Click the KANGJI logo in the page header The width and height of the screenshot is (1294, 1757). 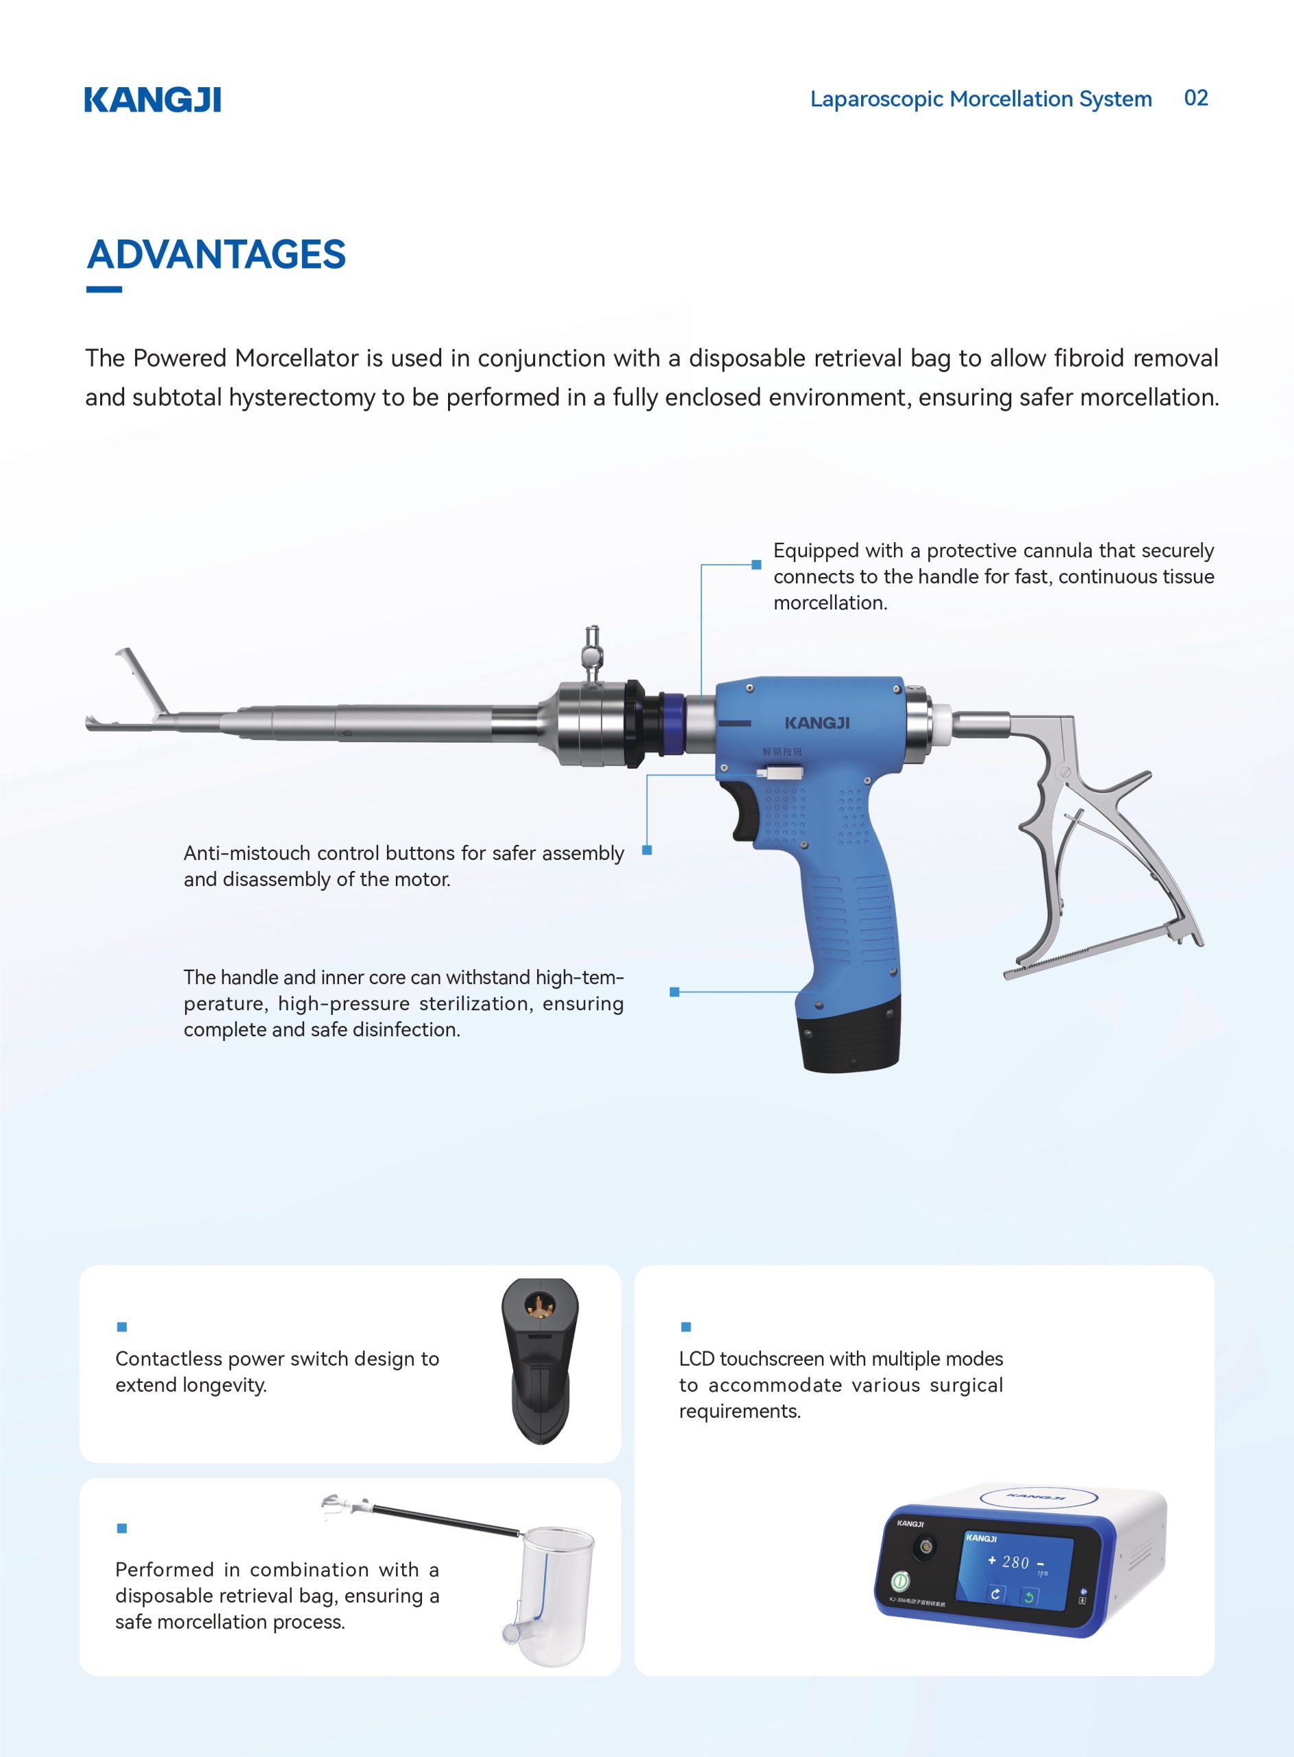[153, 100]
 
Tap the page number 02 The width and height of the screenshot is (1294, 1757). [1195, 99]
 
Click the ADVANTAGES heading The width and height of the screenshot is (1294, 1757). [216, 255]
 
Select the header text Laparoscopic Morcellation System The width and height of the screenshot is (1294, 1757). [980, 100]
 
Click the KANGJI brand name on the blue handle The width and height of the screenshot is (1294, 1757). [817, 723]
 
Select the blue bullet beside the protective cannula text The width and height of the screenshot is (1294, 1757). [756, 564]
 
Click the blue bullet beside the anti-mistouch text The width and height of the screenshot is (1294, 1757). [647, 850]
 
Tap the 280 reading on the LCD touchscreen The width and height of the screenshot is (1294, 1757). [1015, 1562]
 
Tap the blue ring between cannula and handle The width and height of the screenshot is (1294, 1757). [671, 724]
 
